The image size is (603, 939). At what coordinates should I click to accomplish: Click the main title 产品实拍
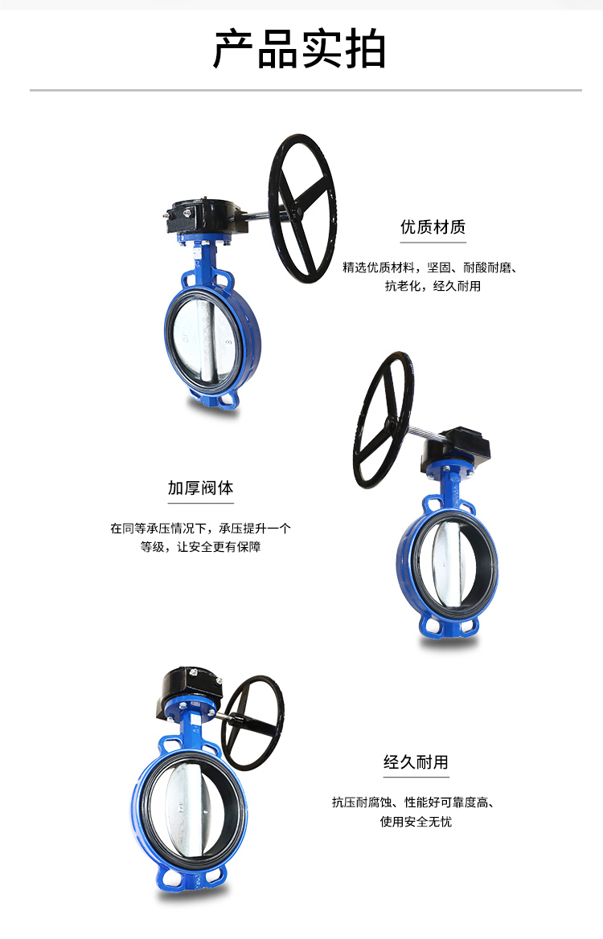(299, 50)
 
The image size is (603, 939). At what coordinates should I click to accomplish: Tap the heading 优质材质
(433, 227)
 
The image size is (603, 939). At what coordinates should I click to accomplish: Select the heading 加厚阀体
(200, 488)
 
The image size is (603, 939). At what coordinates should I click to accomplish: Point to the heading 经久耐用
(416, 762)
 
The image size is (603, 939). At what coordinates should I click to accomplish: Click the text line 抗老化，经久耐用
(433, 286)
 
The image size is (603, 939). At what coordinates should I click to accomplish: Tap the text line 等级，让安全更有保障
(201, 547)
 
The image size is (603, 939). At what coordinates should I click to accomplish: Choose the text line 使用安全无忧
(416, 822)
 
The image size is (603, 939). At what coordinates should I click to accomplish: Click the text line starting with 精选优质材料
(430, 267)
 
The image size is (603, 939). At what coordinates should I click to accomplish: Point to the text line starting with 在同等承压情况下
(201, 529)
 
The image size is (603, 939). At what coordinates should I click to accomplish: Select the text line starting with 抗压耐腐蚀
(413, 802)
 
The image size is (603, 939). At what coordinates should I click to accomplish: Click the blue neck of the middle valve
(449, 488)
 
